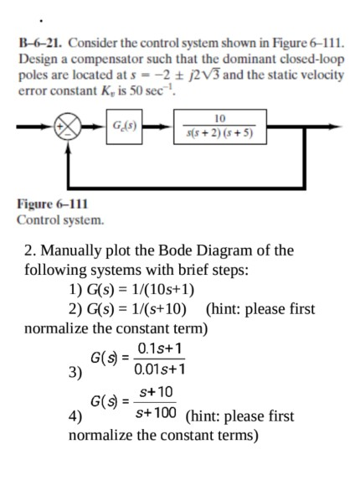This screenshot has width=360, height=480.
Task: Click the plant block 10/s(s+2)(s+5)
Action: coord(219,132)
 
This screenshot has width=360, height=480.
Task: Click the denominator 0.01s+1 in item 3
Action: coord(159,368)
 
